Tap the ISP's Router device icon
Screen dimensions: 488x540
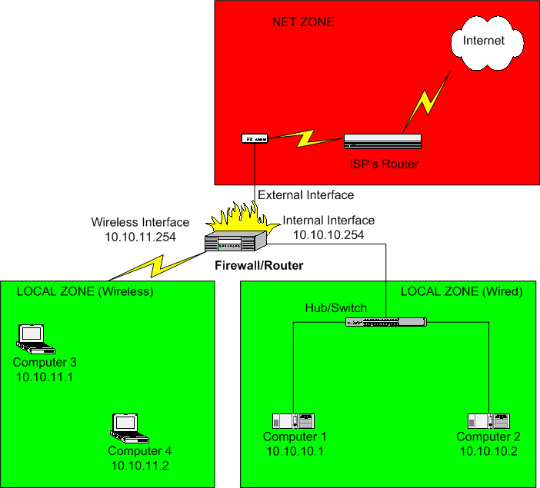(383, 141)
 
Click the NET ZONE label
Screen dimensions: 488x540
(303, 22)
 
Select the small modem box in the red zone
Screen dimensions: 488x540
(253, 138)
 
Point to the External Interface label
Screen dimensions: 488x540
(305, 195)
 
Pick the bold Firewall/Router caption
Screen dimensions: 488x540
(258, 266)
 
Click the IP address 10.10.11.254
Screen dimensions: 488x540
(140, 237)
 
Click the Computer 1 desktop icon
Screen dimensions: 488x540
(293, 421)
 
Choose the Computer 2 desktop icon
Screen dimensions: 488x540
(488, 421)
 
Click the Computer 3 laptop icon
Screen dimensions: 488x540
(32, 336)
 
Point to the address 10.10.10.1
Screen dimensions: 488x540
(295, 451)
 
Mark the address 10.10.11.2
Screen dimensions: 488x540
(139, 465)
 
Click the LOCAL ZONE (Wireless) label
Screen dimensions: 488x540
(85, 291)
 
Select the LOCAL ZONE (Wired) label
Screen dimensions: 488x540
(462, 291)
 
